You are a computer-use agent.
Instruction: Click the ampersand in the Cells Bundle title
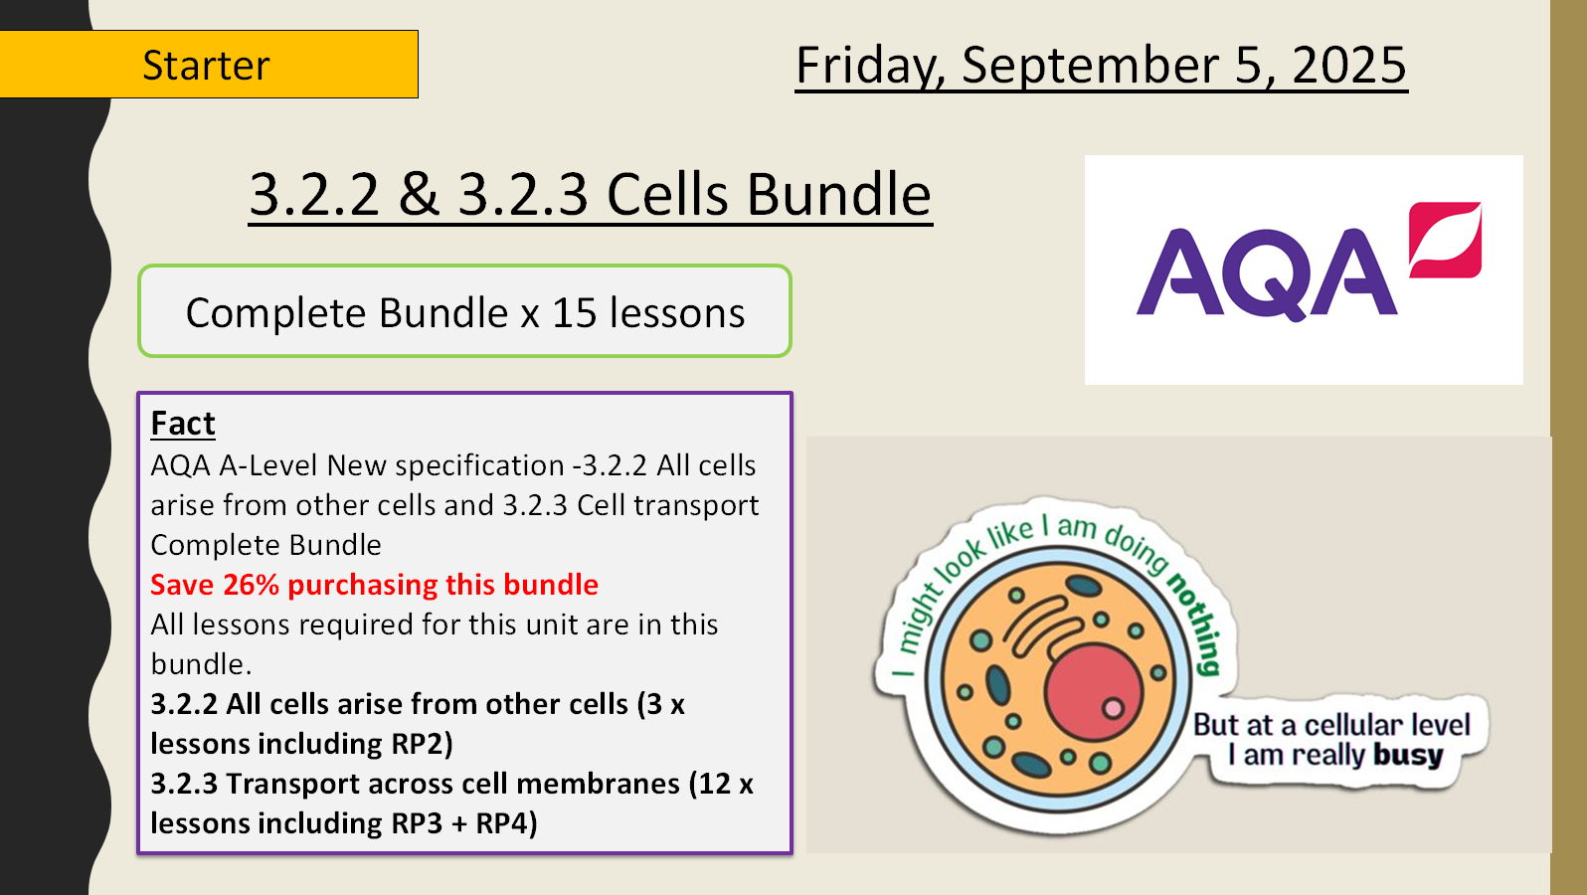point(419,194)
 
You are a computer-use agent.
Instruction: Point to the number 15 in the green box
point(574,313)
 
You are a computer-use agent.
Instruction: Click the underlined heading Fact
point(183,424)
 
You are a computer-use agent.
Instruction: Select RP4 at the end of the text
point(504,823)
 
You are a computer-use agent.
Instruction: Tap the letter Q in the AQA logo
point(1266,274)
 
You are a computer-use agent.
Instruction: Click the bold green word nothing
point(1196,622)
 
